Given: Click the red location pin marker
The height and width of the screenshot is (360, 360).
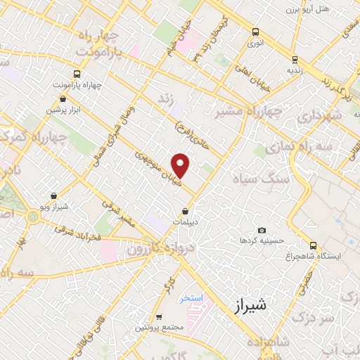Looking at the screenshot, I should (x=181, y=165).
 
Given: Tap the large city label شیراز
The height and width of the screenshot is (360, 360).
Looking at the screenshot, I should (x=250, y=305).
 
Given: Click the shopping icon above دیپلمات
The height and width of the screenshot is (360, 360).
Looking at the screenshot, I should (x=185, y=211).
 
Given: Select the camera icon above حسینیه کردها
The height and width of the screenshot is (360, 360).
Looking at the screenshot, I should (x=262, y=231).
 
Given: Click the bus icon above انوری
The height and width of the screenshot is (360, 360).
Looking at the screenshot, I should (x=255, y=32).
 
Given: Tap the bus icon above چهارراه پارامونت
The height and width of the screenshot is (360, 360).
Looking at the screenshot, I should (x=76, y=73).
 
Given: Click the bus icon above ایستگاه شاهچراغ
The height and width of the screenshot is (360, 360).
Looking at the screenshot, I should (x=314, y=245).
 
